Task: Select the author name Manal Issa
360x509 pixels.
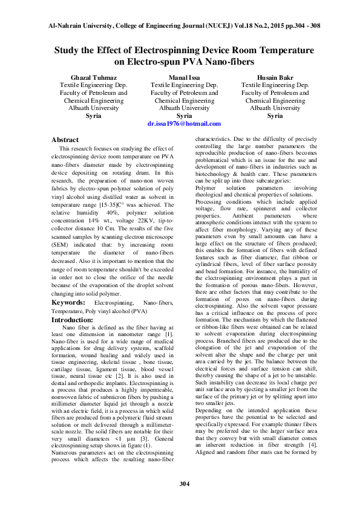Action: point(184,78)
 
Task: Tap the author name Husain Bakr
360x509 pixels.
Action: point(275,78)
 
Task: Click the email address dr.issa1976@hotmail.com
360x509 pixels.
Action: point(184,123)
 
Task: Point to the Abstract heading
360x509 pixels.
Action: point(65,140)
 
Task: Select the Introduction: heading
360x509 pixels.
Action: point(72,319)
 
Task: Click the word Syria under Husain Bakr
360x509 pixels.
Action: point(275,115)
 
